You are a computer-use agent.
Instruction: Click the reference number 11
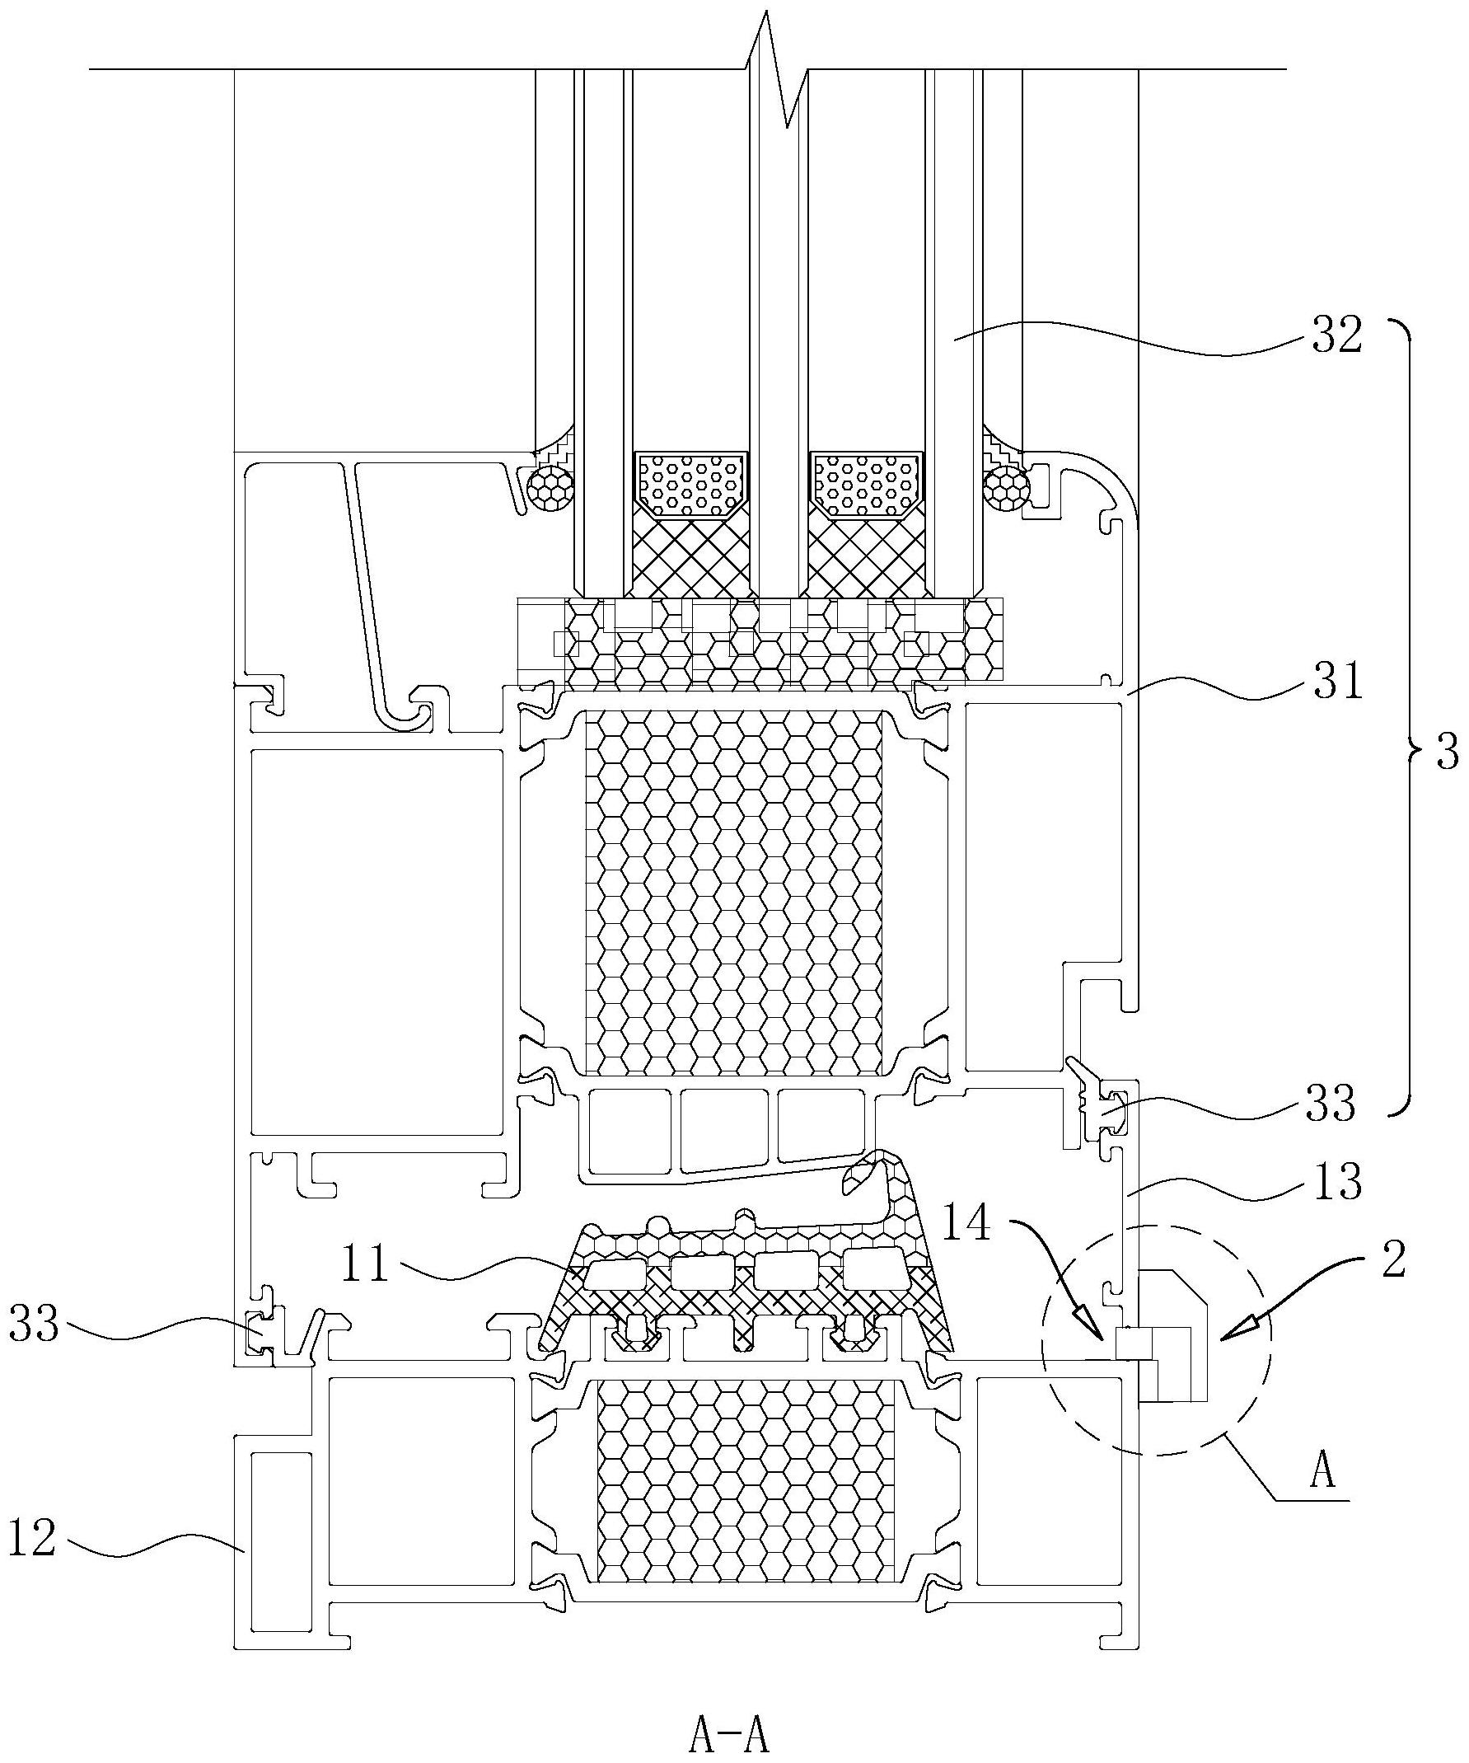pyautogui.click(x=367, y=1264)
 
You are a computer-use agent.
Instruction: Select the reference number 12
pyautogui.click(x=32, y=1537)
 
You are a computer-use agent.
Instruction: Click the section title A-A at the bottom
pyautogui.click(x=728, y=1736)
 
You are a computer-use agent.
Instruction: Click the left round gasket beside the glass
pyautogui.click(x=550, y=488)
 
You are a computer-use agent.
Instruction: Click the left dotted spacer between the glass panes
pyautogui.click(x=690, y=485)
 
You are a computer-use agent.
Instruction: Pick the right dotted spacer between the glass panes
pyautogui.click(x=866, y=485)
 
